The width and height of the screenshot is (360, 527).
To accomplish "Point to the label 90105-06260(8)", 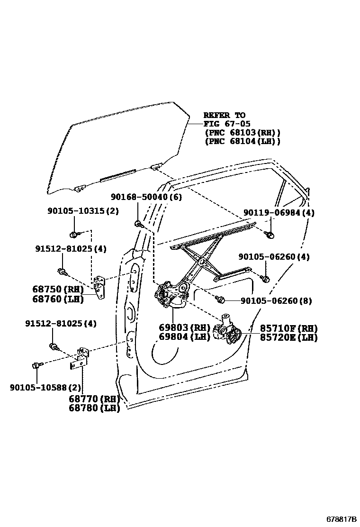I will pyautogui.click(x=276, y=301).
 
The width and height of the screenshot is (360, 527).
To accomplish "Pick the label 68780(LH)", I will pyautogui.click(x=94, y=408).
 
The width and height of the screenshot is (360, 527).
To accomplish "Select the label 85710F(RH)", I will pyautogui.click(x=288, y=328).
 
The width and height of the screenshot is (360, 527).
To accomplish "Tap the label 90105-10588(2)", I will pyautogui.click(x=45, y=388).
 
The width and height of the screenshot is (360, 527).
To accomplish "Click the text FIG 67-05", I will pyautogui.click(x=224, y=124).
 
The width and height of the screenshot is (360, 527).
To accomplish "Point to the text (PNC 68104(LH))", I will pyautogui.click(x=242, y=141).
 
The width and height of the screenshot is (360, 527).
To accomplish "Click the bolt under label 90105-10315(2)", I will pyautogui.click(x=74, y=234).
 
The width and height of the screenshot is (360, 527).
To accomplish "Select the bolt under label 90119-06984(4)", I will pyautogui.click(x=270, y=234).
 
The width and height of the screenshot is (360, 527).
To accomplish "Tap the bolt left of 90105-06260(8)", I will pyautogui.click(x=220, y=300).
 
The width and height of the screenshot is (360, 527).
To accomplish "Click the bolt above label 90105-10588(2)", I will pyautogui.click(x=36, y=365).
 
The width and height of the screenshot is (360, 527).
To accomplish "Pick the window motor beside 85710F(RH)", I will pyautogui.click(x=228, y=330).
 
